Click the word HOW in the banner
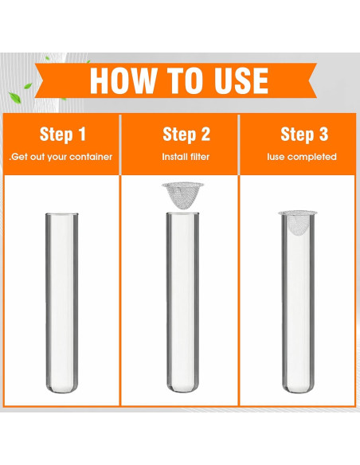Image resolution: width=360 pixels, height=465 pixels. point(123,80)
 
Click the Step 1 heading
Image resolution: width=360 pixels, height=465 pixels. point(63,134)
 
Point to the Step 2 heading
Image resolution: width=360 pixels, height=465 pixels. point(186,134)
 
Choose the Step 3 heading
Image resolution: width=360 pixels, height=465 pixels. point(304,134)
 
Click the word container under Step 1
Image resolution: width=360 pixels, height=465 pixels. point(96,157)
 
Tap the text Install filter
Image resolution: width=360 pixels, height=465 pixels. point(186,156)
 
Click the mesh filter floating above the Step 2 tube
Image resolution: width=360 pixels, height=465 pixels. point(182,196)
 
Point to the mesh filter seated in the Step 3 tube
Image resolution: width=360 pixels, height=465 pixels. point(298,222)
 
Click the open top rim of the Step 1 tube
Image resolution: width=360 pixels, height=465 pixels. point(62,214)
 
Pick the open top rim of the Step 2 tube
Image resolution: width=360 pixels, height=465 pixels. point(182,213)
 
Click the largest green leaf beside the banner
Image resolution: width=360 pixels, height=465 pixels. point(14,97)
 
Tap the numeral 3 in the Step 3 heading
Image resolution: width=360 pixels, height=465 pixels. point(323,134)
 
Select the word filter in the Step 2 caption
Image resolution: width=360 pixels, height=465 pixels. point(200,156)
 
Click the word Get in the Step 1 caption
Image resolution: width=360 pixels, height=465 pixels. point(20,157)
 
